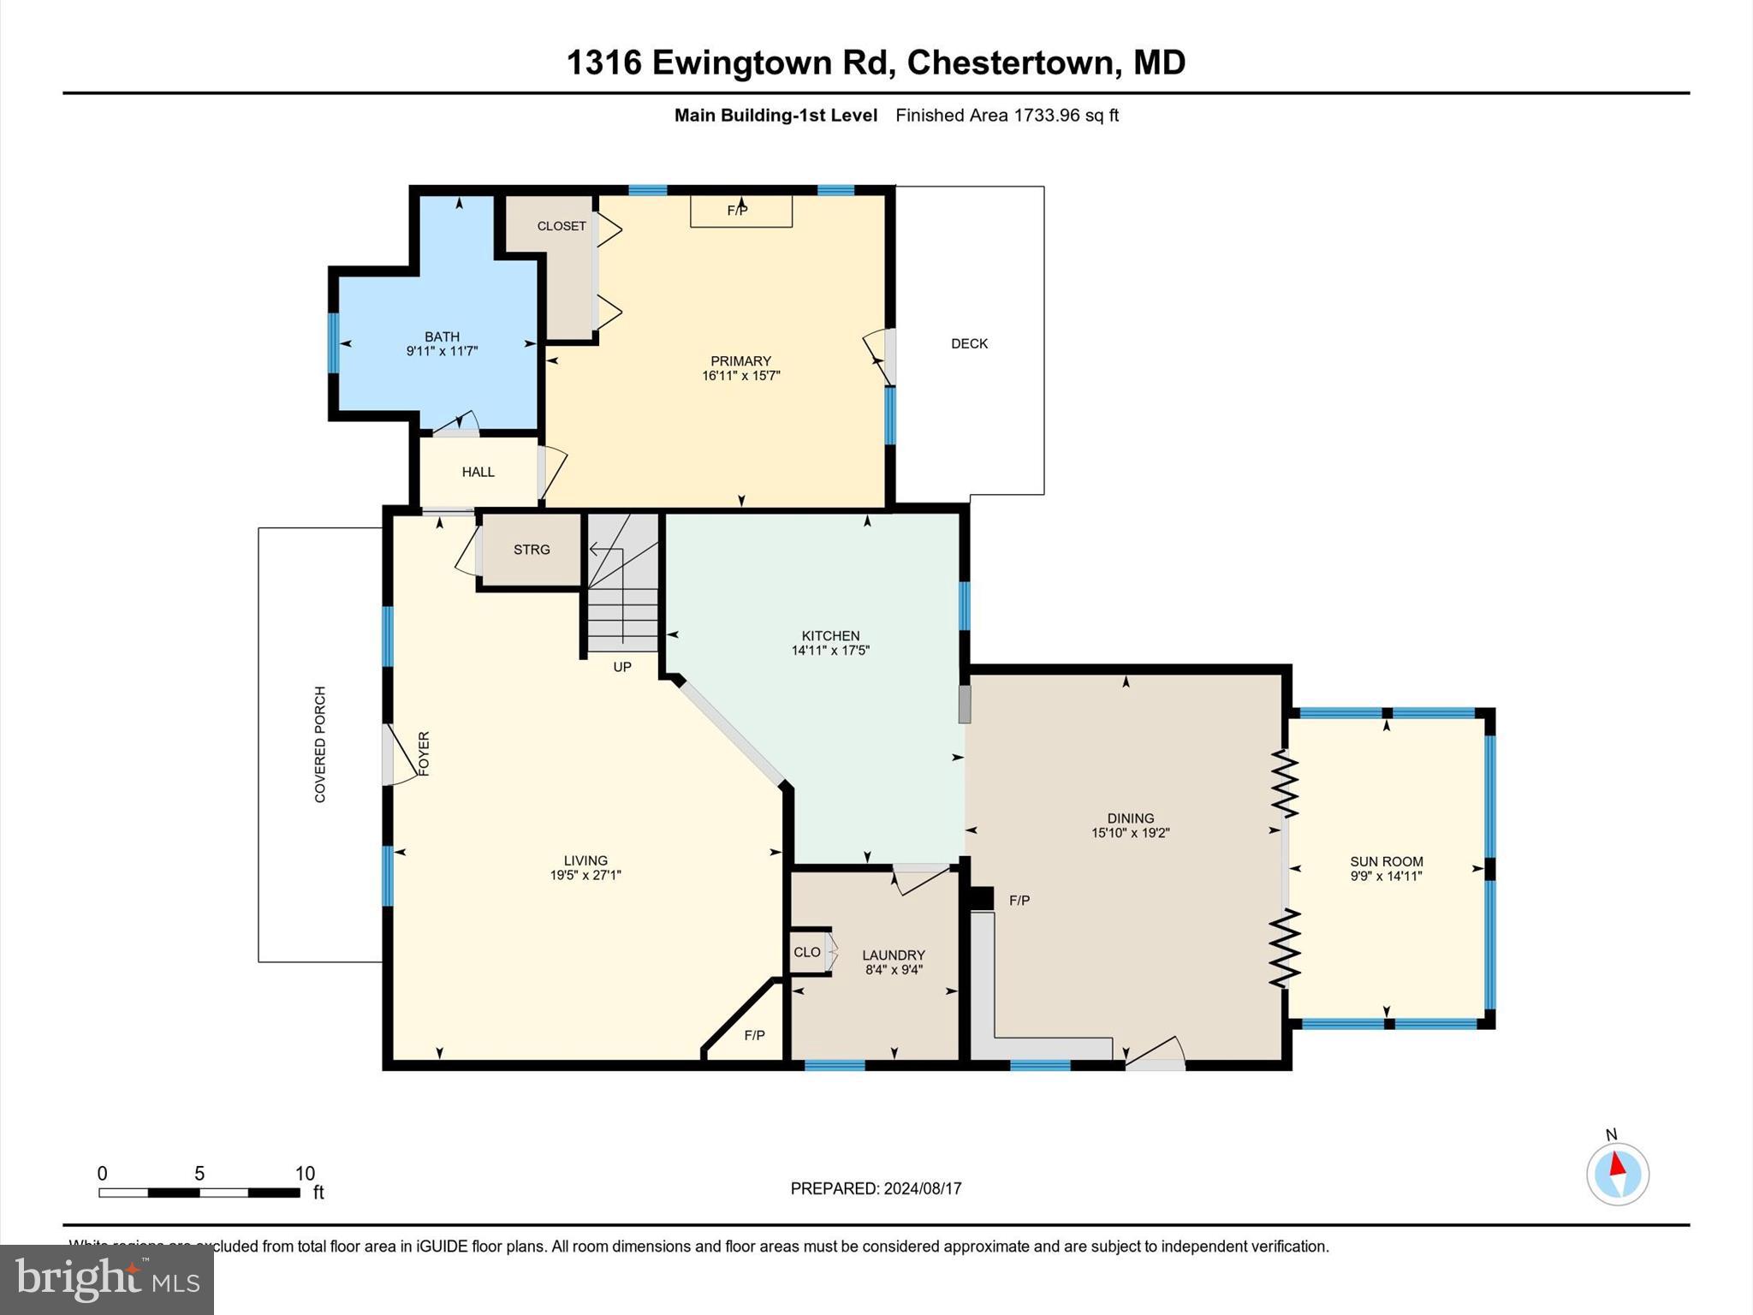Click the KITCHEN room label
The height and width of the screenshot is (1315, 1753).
(830, 635)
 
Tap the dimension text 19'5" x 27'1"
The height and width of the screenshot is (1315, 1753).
(585, 875)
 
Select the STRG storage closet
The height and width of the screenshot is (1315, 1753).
(532, 550)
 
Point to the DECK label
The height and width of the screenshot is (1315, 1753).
(969, 343)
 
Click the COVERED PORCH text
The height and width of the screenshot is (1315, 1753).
(320, 744)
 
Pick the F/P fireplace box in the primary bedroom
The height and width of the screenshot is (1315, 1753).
(740, 211)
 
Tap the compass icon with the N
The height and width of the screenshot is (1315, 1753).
(1617, 1174)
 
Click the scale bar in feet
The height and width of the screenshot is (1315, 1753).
(199, 1192)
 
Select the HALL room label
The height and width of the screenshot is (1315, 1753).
(478, 472)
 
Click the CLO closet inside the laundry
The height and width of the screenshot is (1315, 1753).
(807, 952)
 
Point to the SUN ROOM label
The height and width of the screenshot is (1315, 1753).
(1386, 861)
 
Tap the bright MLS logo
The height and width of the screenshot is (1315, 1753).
(107, 1279)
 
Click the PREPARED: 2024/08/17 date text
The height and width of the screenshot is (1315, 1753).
(876, 1188)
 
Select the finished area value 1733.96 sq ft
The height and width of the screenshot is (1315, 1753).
(1066, 116)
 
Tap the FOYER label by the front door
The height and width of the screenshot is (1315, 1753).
(424, 753)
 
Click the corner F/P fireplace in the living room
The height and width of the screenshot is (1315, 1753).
(753, 1035)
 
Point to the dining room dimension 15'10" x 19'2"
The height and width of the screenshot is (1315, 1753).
(1130, 832)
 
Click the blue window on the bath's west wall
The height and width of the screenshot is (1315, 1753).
(333, 342)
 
